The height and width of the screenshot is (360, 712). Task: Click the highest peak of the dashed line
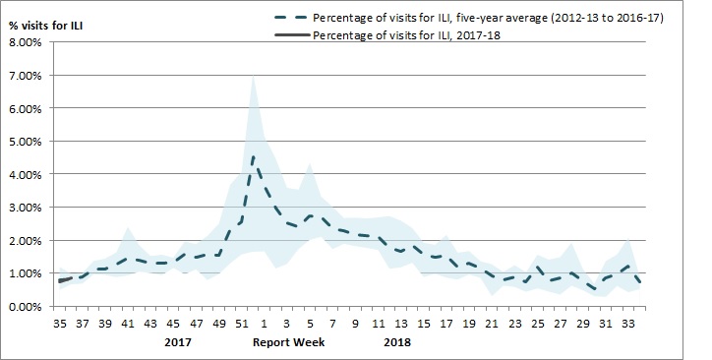253,155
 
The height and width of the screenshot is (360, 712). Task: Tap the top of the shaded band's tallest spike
253,75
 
